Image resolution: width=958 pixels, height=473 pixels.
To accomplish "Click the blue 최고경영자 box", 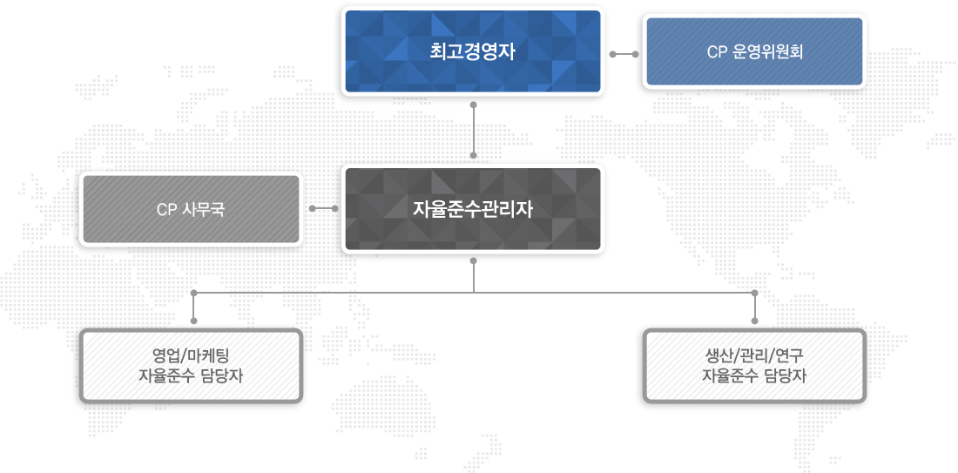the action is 473,51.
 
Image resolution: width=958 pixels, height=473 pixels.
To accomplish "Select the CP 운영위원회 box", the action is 754,51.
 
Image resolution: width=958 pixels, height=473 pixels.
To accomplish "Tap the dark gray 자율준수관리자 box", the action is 473,209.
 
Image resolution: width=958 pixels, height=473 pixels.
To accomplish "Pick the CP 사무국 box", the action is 192,209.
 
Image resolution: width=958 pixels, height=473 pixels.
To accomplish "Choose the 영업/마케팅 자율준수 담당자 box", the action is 192,366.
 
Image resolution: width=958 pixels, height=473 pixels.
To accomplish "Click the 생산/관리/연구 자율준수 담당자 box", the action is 754,366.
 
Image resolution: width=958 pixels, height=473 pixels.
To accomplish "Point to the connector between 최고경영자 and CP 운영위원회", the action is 624,54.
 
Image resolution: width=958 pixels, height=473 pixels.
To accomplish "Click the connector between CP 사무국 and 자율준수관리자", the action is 323,208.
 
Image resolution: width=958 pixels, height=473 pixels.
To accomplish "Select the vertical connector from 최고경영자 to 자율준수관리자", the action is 474,131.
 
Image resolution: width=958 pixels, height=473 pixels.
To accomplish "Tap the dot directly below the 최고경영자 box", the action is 474,105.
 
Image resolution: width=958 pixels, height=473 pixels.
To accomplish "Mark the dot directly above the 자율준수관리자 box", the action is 474,156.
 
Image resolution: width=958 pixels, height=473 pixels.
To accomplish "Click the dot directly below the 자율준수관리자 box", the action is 474,261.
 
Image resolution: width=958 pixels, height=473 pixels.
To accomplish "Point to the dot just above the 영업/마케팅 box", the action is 193,321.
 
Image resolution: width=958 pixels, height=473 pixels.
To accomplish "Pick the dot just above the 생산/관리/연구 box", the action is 754,321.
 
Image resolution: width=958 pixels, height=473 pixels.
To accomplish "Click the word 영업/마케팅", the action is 191,356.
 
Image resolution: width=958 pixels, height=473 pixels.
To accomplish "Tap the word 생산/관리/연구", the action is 754,356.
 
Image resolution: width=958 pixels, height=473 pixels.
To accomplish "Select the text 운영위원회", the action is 766,52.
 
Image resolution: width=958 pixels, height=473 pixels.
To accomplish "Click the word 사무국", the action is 204,210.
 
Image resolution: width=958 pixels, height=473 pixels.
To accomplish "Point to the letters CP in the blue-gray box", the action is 716,52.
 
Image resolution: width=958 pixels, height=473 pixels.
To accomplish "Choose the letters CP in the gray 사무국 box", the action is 167,210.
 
